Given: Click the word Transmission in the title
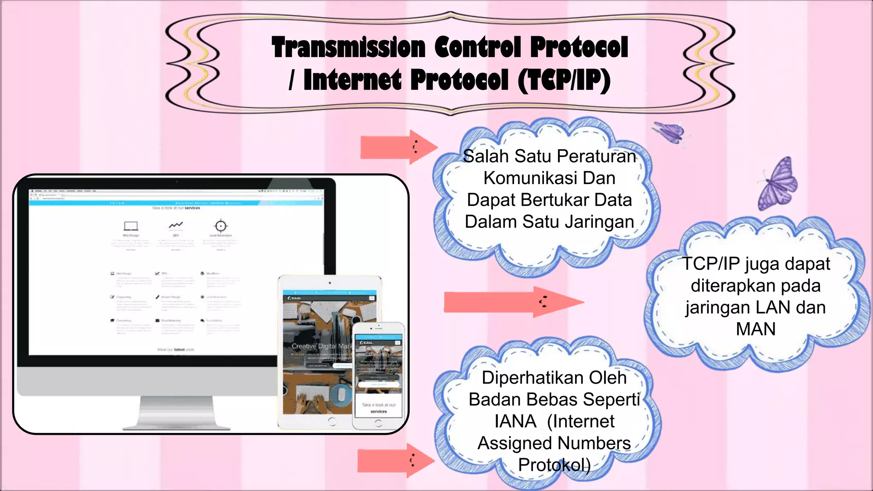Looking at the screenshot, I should pyautogui.click(x=348, y=47).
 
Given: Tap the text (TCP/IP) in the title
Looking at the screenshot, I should pyautogui.click(x=564, y=81).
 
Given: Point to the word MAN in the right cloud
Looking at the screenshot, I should pyautogui.click(x=755, y=329).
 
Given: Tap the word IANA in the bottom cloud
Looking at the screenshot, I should pyautogui.click(x=515, y=422).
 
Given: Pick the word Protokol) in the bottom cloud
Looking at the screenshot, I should pyautogui.click(x=554, y=465).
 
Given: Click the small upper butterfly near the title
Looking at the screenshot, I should pyautogui.click(x=671, y=133).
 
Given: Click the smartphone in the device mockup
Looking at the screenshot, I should pyautogui.click(x=378, y=375).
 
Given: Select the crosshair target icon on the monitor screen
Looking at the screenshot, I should pyautogui.click(x=220, y=225).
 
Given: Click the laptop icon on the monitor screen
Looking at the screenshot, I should pyautogui.click(x=131, y=225).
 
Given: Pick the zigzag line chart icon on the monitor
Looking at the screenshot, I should pyautogui.click(x=176, y=225).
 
